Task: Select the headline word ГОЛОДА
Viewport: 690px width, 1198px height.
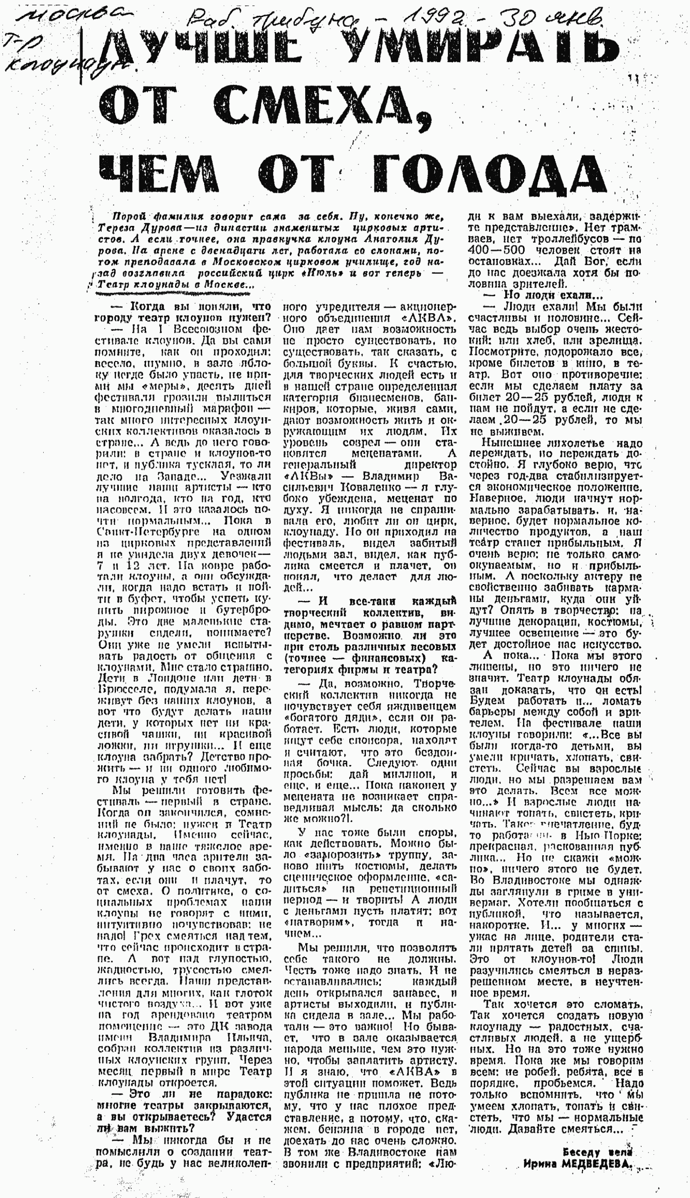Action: [488, 173]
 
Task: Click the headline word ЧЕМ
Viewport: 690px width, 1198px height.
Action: [161, 173]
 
